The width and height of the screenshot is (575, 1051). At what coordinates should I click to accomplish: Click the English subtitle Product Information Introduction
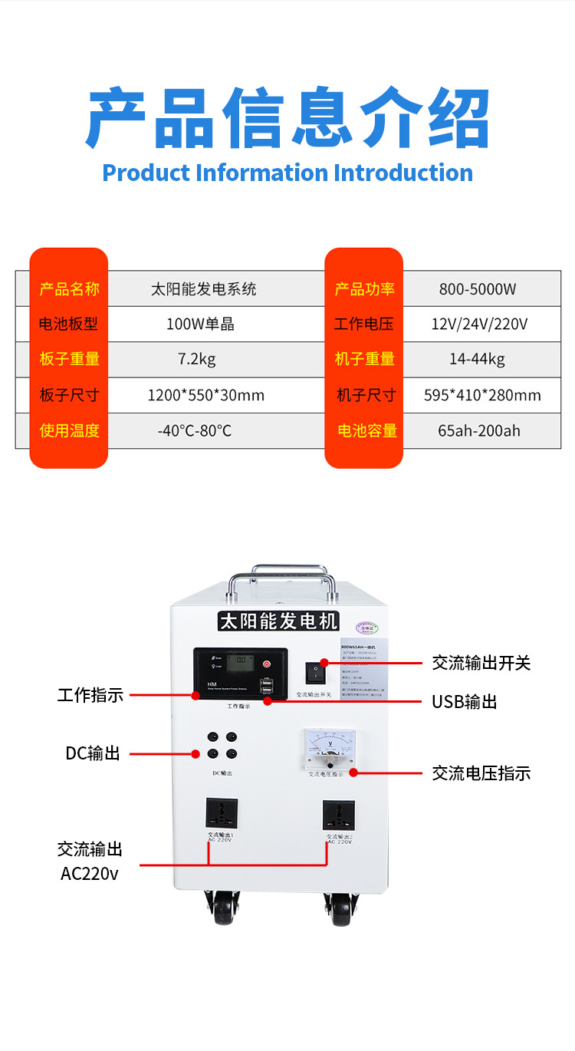[287, 173]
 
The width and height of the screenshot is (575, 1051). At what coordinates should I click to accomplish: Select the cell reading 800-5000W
[478, 289]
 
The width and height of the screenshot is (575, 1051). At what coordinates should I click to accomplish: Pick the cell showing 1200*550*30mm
[205, 395]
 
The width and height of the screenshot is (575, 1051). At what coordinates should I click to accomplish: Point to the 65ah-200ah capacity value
[478, 430]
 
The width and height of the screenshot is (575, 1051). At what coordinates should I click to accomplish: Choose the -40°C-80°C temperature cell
[194, 430]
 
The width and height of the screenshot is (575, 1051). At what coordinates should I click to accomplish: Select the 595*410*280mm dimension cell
[482, 395]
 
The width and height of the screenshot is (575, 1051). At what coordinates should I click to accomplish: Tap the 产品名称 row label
[69, 289]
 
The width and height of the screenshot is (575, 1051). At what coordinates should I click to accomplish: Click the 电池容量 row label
[367, 430]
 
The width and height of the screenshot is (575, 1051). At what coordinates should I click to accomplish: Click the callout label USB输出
[464, 702]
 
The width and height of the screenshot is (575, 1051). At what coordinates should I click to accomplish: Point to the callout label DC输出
[93, 753]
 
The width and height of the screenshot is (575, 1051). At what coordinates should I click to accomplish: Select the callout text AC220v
[90, 874]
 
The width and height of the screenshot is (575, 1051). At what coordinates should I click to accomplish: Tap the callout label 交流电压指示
[481, 773]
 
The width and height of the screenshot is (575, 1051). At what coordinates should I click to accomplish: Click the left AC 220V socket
[222, 813]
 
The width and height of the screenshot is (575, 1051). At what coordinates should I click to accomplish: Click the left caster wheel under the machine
[222, 910]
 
